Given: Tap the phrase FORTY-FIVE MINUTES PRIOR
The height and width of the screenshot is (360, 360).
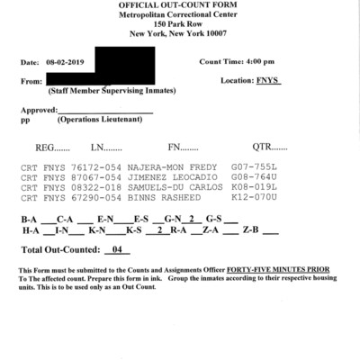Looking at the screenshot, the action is point(278,271).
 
